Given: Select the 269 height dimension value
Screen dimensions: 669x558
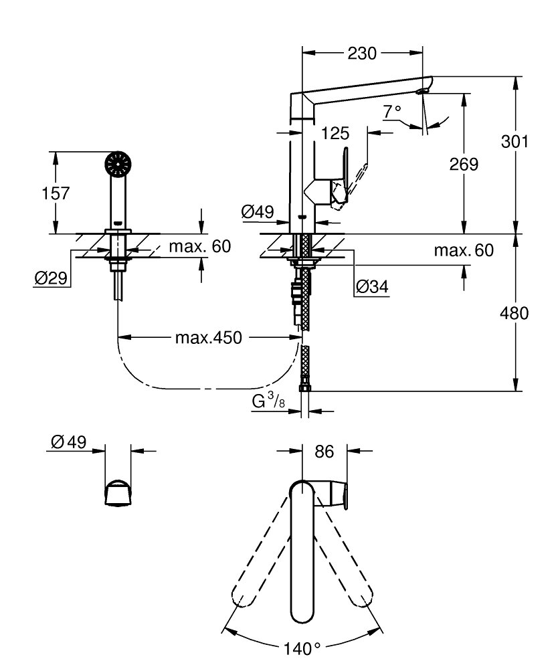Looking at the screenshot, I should (x=463, y=164).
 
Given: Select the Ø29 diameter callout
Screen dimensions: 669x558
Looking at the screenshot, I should (x=50, y=278).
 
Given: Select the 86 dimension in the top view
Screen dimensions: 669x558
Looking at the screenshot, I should (x=324, y=452).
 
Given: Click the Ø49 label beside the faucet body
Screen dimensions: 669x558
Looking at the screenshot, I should (x=257, y=212).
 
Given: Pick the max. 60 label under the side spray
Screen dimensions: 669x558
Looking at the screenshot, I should (x=199, y=247).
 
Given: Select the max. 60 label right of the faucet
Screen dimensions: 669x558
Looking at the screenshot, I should (x=463, y=252).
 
